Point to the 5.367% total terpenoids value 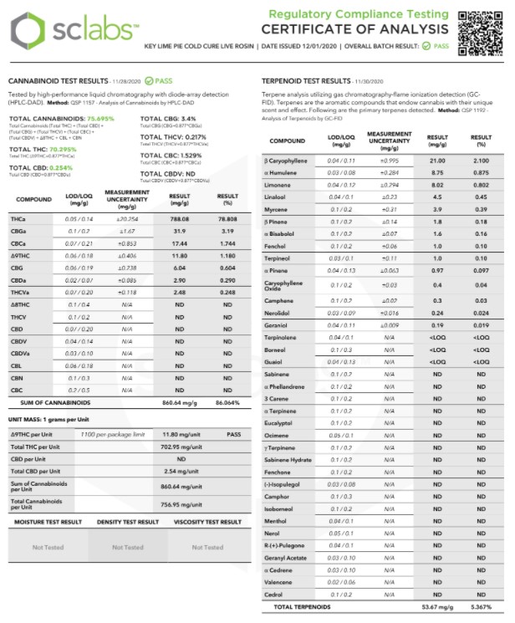point(480,606)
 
